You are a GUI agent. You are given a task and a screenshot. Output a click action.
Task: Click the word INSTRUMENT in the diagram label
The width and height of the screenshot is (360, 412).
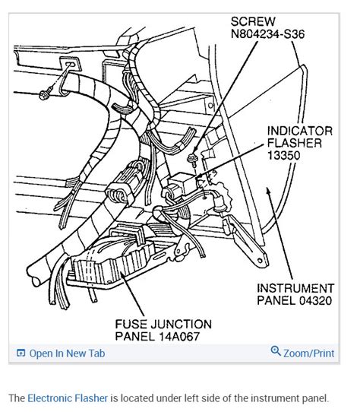[x=295, y=288]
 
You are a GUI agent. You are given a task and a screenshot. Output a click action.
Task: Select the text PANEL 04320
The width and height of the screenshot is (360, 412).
[x=294, y=303]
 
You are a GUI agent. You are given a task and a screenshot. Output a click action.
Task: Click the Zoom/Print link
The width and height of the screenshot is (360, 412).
[x=308, y=353]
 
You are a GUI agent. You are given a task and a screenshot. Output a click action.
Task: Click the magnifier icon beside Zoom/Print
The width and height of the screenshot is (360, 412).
[x=276, y=352]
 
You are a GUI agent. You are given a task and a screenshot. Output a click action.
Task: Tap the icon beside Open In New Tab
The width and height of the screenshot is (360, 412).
[x=21, y=353]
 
